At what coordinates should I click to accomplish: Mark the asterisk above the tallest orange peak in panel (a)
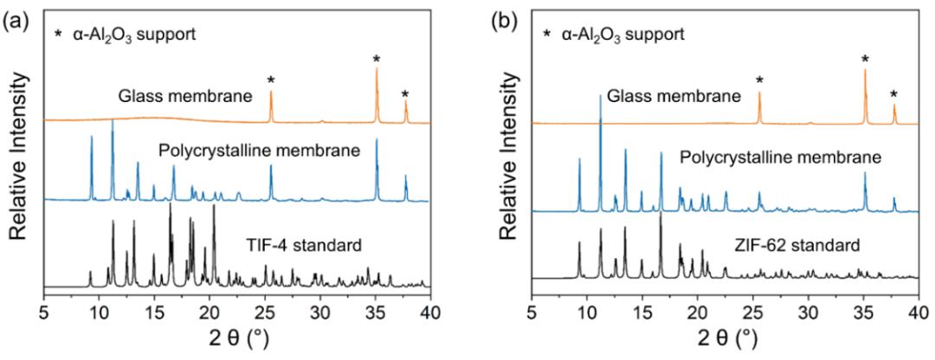point(376,59)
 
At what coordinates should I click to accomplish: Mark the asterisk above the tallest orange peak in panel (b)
point(865,59)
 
